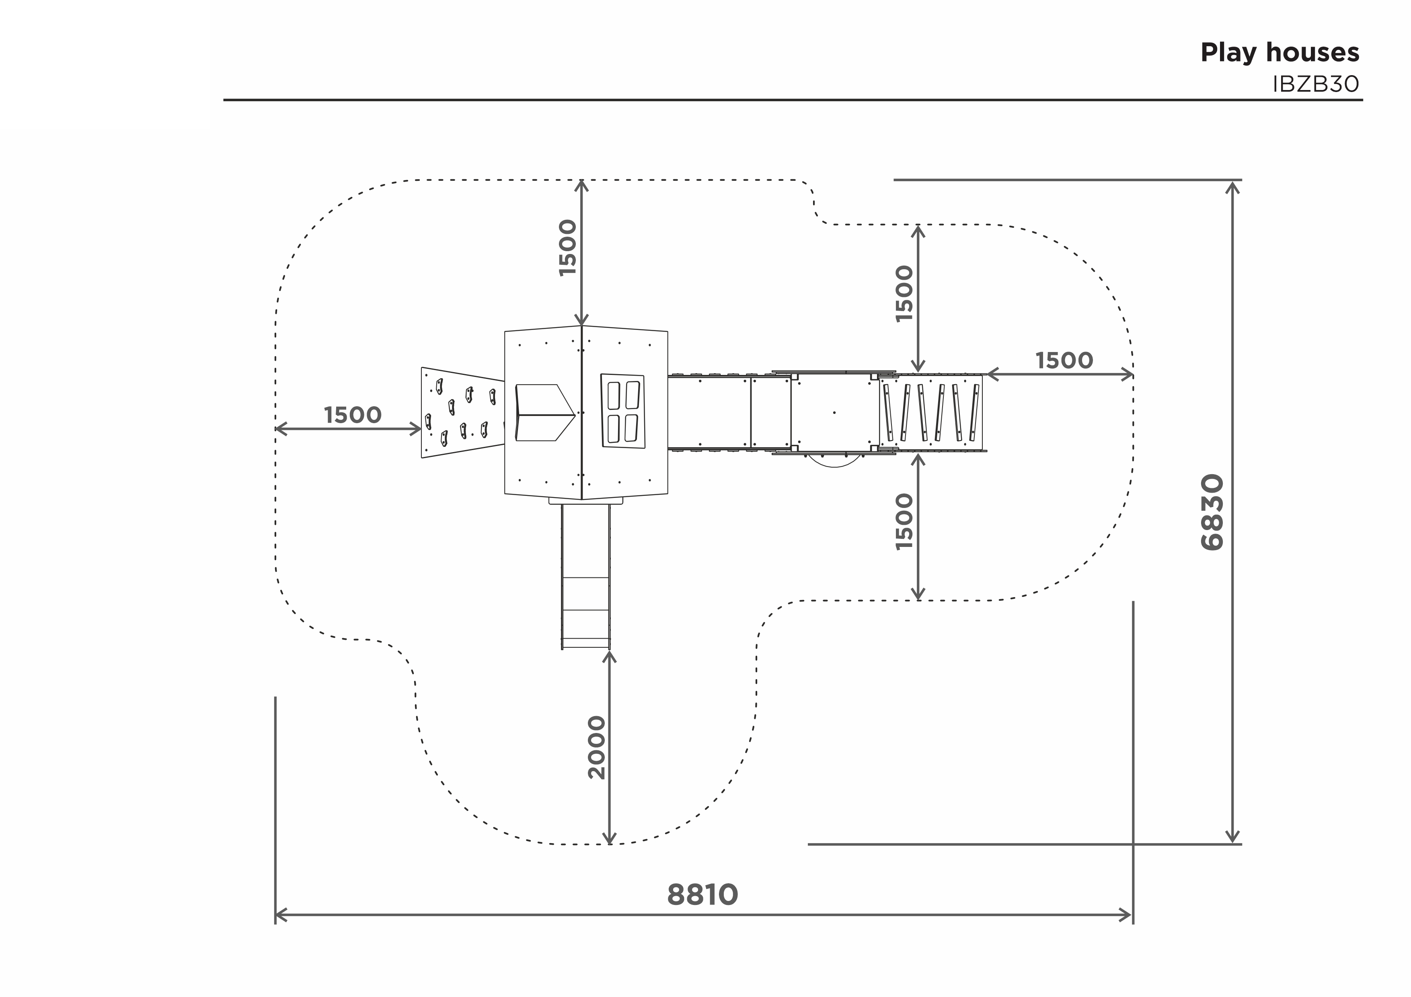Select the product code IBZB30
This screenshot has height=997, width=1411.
1316,84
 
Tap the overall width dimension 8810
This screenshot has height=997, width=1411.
702,895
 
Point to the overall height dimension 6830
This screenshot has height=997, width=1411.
1212,512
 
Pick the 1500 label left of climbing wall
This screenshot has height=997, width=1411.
353,415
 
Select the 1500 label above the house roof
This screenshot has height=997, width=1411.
568,248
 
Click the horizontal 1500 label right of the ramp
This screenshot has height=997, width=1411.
1064,360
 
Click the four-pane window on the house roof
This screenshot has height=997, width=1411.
622,411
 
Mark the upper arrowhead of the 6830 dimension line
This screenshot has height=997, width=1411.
1232,186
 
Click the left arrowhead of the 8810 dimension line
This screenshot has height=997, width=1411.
281,915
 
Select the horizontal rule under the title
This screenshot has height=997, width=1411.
793,100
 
